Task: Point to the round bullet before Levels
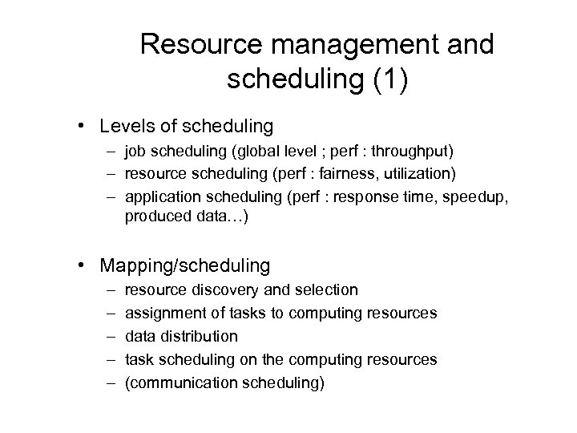point(83,127)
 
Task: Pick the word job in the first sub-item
point(136,152)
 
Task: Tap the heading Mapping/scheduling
point(185,264)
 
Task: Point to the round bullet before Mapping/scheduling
point(83,265)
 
